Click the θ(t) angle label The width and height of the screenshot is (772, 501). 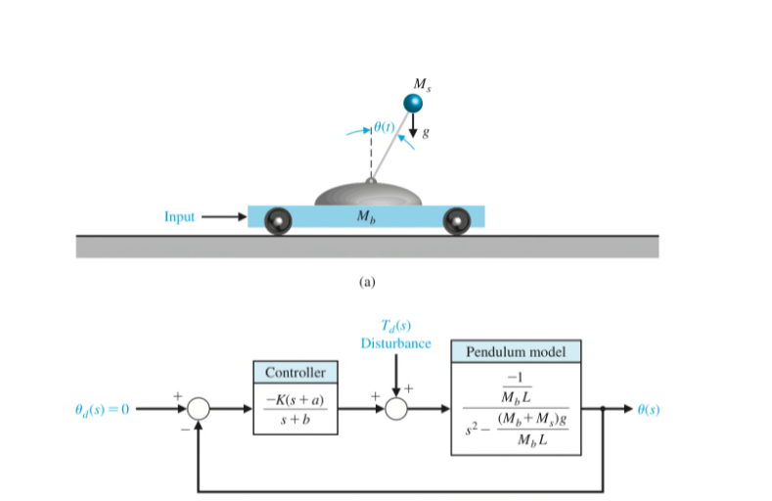(385, 128)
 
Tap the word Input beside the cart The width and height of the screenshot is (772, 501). (180, 216)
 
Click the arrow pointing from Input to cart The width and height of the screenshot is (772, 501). (224, 216)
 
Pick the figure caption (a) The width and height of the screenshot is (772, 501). (368, 281)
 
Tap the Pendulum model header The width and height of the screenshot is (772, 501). (516, 350)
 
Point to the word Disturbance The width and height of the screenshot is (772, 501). (395, 343)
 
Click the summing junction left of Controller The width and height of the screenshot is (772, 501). (200, 409)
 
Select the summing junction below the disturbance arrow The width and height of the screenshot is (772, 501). (395, 409)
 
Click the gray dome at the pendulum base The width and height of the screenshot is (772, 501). (368, 194)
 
